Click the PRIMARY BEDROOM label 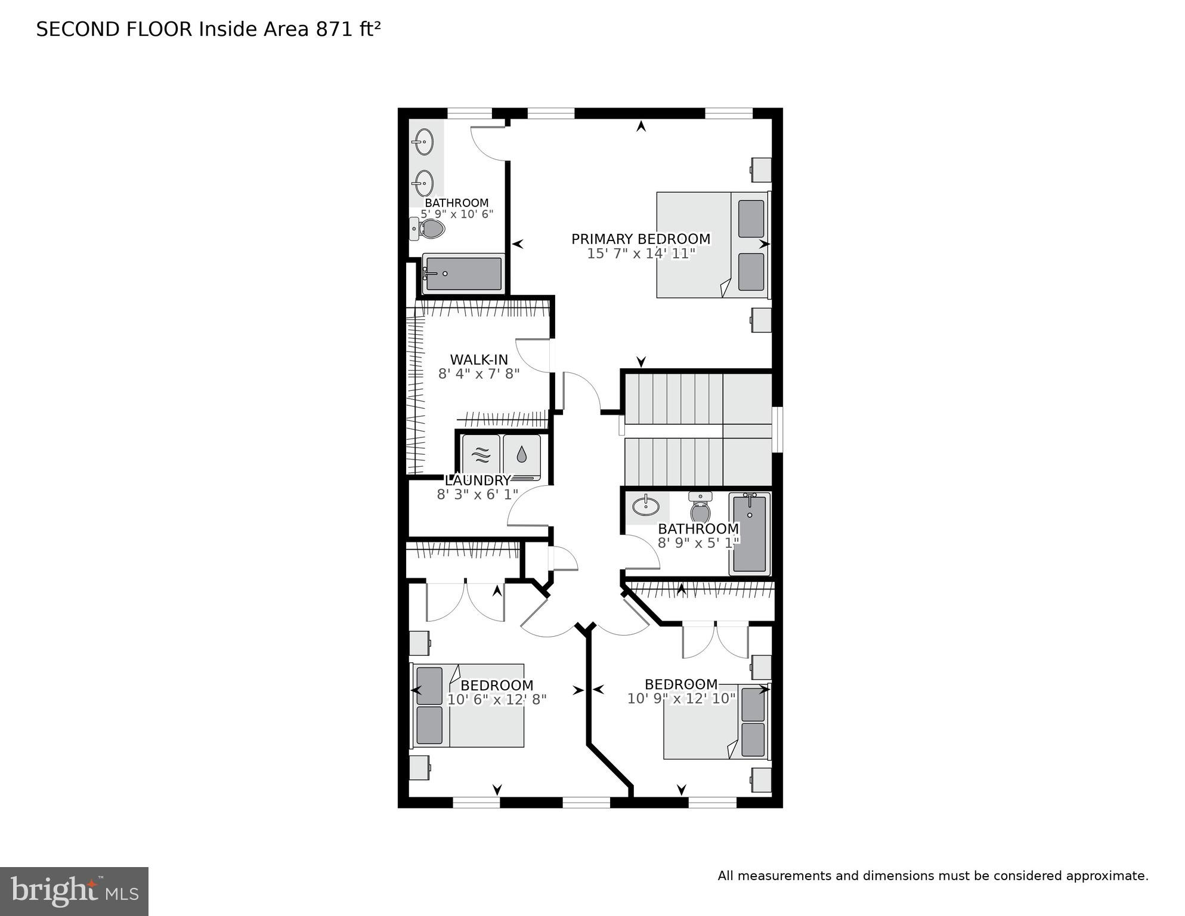pyautogui.click(x=641, y=239)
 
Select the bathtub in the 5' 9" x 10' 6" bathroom pyautogui.click(x=463, y=274)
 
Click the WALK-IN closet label pyautogui.click(x=479, y=360)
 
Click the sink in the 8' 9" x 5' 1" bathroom pyautogui.click(x=646, y=507)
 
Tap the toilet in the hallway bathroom pyautogui.click(x=700, y=509)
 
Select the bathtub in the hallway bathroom pyautogui.click(x=750, y=533)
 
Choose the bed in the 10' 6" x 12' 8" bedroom pyautogui.click(x=468, y=706)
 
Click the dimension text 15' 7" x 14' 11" pyautogui.click(x=641, y=254)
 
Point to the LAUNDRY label pyautogui.click(x=478, y=480)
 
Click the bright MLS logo pyautogui.click(x=74, y=891)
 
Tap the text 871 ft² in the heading pyautogui.click(x=348, y=29)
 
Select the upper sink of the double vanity pyautogui.click(x=424, y=142)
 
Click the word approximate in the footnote pyautogui.click(x=1107, y=876)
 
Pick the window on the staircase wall pyautogui.click(x=778, y=430)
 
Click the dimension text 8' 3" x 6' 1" pyautogui.click(x=478, y=495)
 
